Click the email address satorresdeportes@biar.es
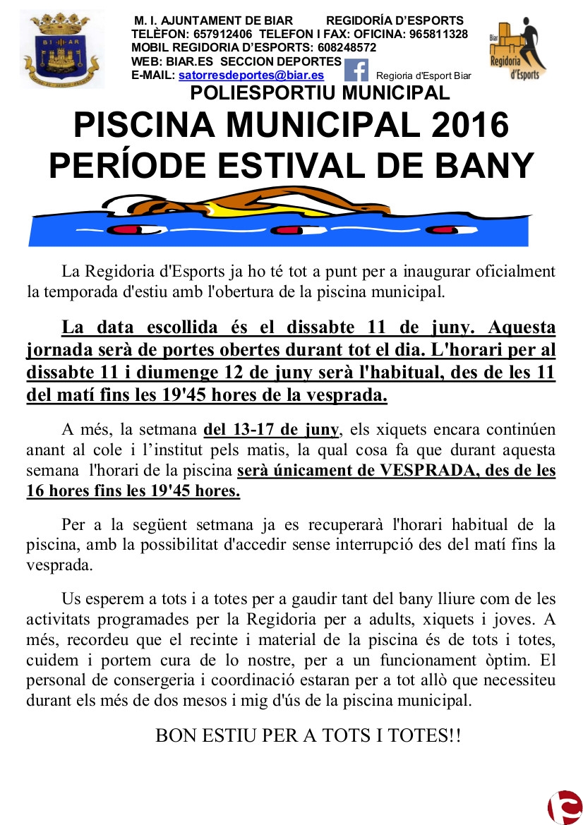pos(251,75)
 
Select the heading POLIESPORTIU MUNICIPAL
pos(320,92)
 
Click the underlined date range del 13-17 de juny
pos(272,430)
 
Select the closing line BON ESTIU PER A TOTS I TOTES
pos(308,735)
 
